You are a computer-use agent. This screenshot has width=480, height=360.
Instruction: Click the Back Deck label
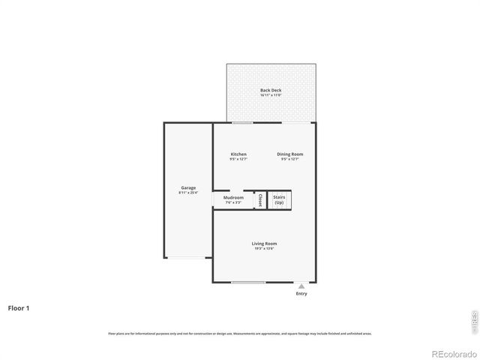coord(271,90)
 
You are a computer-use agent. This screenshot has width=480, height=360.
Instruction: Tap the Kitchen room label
coord(238,154)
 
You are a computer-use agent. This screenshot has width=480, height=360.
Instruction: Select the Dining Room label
coord(289,154)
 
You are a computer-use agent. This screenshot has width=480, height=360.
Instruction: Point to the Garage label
coord(187,187)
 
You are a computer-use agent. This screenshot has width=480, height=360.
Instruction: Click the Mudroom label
coord(233,198)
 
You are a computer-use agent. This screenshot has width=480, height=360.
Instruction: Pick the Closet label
coord(260,200)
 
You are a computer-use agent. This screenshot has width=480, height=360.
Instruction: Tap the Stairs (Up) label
coord(279,200)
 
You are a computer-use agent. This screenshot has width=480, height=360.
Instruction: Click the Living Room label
coord(264,244)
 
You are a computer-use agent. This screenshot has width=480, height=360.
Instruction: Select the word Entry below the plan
coord(301,293)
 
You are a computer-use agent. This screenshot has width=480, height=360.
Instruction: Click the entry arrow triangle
coord(301,286)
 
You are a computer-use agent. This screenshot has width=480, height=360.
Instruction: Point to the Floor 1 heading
coord(19,307)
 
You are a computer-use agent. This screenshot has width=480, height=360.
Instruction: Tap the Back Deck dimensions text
coord(271,95)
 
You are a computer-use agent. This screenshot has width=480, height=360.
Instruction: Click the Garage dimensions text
coord(187,193)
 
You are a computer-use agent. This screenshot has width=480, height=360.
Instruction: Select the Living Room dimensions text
coord(264,249)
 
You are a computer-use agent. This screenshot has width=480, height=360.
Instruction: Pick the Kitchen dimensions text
coord(238,159)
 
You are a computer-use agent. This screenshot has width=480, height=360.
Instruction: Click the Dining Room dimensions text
coord(289,159)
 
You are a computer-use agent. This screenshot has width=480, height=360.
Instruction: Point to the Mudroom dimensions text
coord(233,203)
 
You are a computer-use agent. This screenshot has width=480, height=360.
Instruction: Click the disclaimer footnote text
coord(239,333)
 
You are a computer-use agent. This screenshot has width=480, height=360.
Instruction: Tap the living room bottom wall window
coord(247,283)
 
